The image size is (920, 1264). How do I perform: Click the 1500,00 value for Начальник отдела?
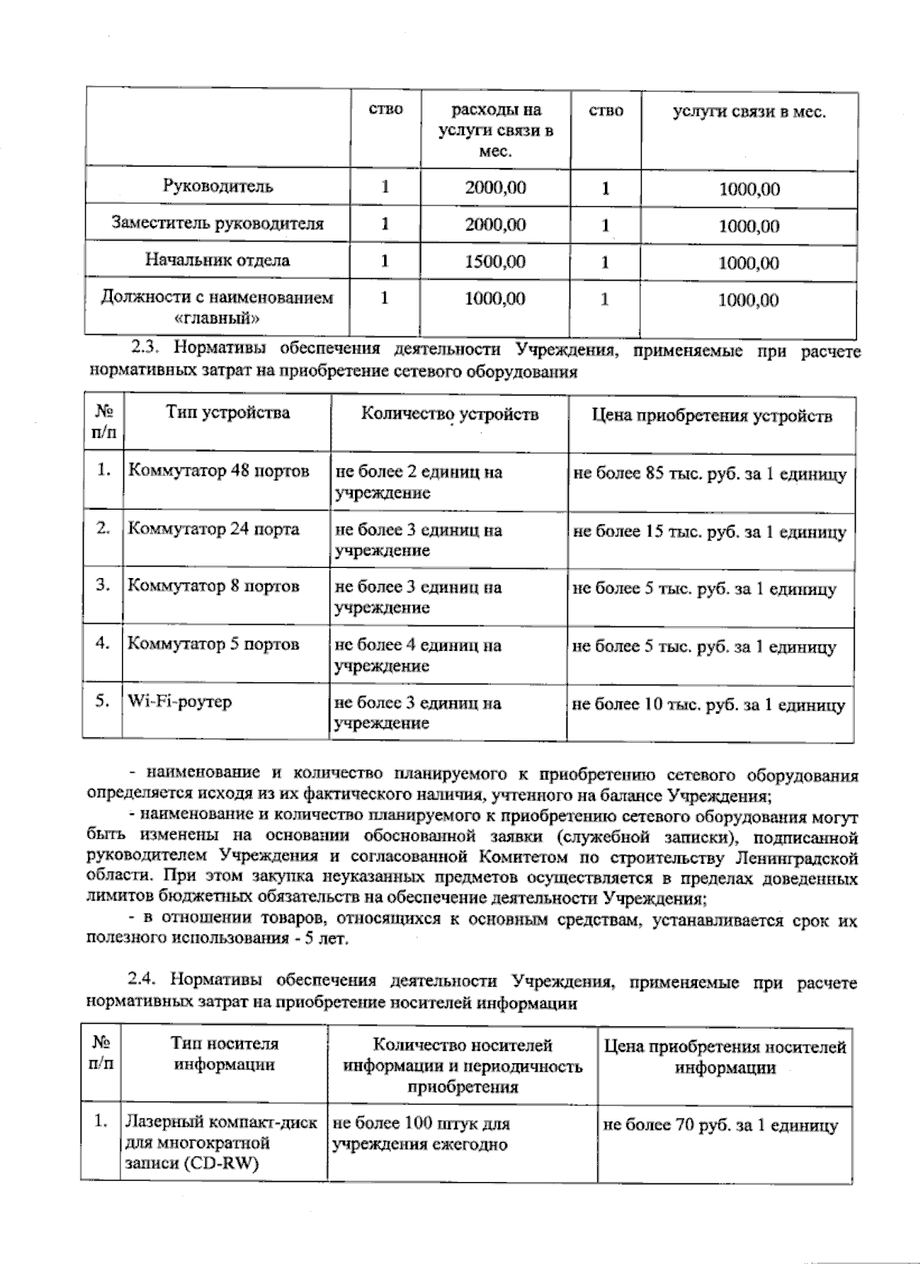495,261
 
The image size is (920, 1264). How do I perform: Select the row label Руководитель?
218,186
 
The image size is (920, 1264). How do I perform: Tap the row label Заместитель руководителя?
218,223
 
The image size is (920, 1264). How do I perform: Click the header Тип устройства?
228,412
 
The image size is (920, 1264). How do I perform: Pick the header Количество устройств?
449,414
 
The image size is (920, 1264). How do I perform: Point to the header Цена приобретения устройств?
711,415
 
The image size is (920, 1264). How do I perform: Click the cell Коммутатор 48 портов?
219,471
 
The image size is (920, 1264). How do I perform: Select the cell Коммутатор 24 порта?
213,529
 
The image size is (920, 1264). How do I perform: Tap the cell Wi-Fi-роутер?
179,701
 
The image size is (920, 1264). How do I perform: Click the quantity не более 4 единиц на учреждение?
418,655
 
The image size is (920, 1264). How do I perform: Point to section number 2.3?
145,349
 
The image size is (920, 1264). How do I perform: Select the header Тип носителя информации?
225,1054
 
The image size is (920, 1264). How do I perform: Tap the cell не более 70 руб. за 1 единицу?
721,1125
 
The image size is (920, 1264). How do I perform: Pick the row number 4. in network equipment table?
103,643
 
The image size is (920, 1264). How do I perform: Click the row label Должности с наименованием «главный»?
218,307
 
